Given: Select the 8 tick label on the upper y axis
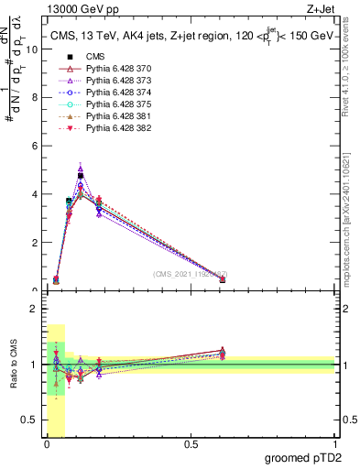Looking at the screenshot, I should (34, 98).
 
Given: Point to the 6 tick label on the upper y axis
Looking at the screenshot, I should (34, 147).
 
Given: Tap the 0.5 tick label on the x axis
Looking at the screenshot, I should (191, 444).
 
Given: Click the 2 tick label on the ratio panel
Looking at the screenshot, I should (34, 309).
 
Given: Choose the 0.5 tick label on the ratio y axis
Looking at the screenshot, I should (29, 420).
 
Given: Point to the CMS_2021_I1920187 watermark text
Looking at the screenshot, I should (191, 274).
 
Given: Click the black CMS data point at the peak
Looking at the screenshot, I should (81, 176).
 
